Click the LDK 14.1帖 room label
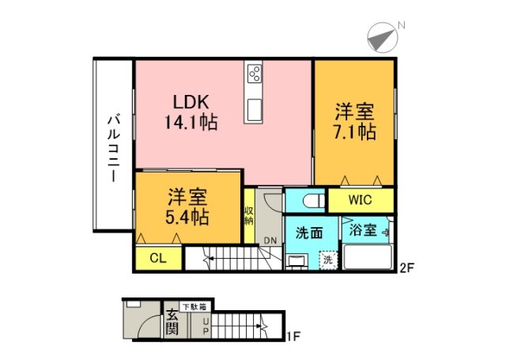(191, 112)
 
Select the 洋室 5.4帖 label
(187, 206)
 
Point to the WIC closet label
(360, 199)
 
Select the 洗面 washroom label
(308, 234)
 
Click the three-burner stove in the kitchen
(255, 74)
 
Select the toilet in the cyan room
(308, 199)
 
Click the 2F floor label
(406, 267)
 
